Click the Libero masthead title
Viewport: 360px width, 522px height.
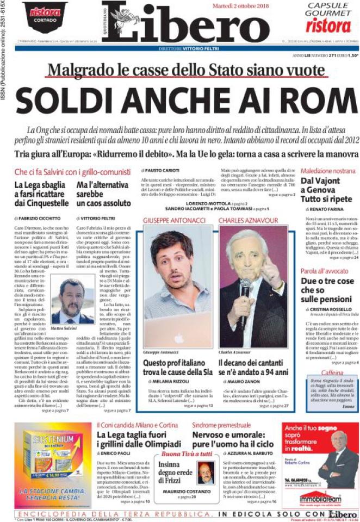click(x=185, y=24)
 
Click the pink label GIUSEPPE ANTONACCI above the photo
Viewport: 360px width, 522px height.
click(x=173, y=220)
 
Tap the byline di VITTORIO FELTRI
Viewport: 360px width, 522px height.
click(x=93, y=218)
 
